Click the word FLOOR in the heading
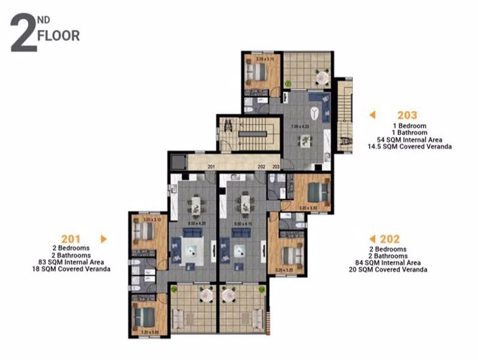(59, 35)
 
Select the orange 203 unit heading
(407, 115)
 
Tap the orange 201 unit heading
(71, 239)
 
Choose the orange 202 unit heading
(390, 239)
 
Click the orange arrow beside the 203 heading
(372, 115)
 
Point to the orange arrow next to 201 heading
(103, 239)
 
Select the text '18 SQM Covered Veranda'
(71, 269)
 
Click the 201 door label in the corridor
(211, 166)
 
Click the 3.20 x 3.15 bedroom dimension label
(264, 60)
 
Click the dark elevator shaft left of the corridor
(178, 162)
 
